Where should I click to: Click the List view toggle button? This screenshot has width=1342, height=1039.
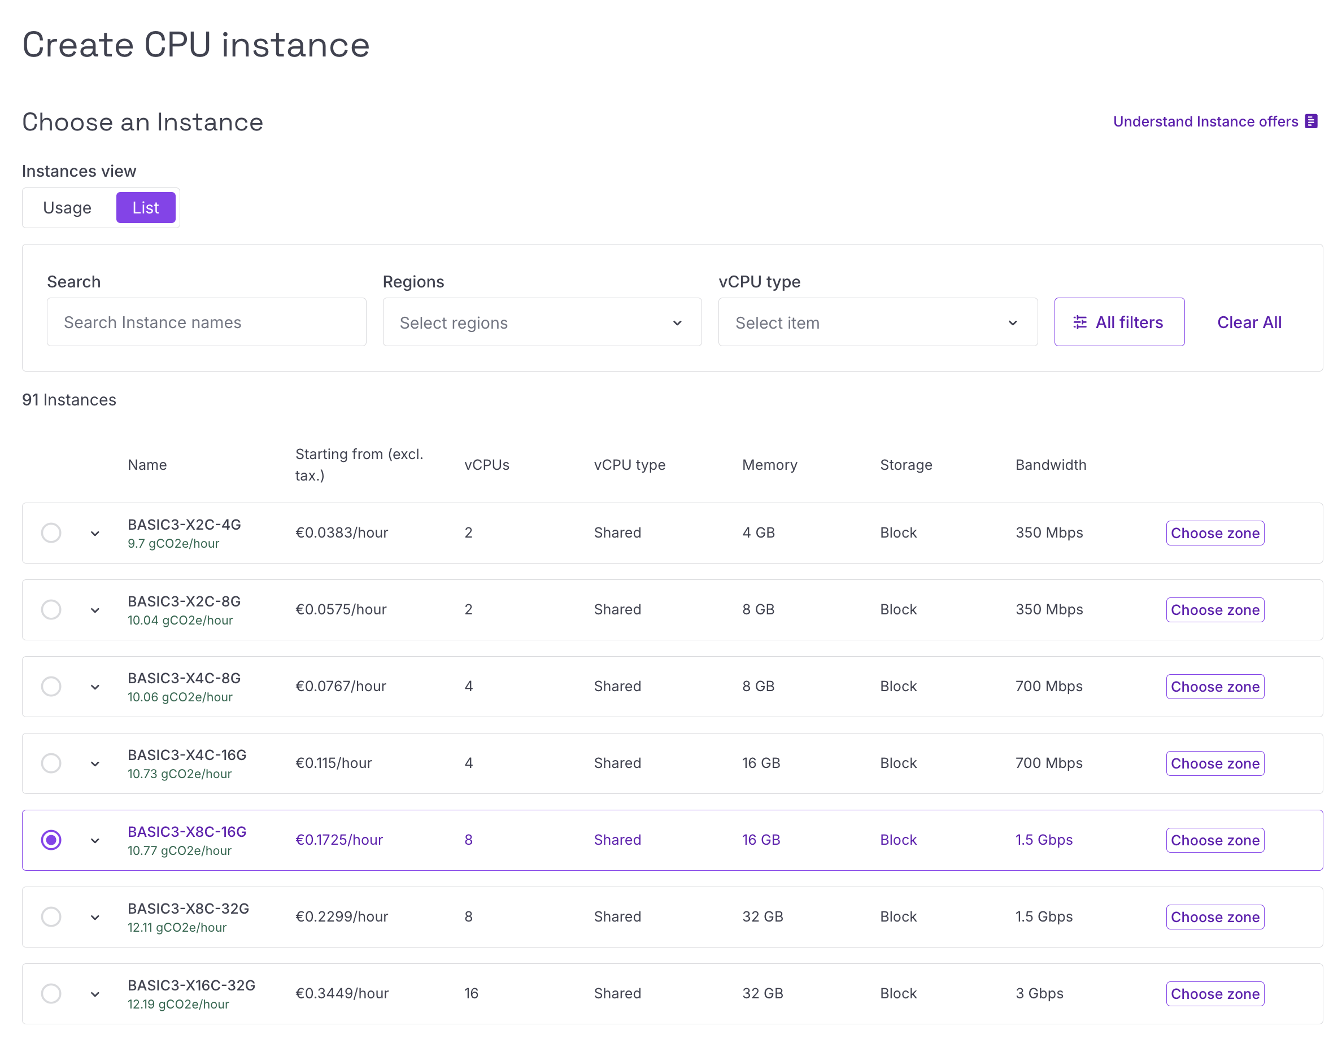[x=146, y=208]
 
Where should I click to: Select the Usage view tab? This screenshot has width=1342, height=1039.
[x=68, y=208]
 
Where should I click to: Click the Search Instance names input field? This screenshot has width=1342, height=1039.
[x=207, y=322]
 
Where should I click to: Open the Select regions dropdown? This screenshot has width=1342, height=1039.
[x=542, y=322]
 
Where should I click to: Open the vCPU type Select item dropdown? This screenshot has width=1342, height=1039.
[x=878, y=322]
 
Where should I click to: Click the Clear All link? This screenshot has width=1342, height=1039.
[x=1249, y=322]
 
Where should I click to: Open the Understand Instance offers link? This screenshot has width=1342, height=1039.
[x=1215, y=121]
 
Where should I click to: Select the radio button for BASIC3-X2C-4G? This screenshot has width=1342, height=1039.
[x=51, y=532]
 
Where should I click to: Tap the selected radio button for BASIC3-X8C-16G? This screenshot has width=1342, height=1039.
[x=51, y=840]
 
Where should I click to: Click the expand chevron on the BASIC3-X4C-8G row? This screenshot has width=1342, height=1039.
[x=95, y=687]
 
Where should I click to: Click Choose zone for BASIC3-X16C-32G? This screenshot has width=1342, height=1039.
[x=1215, y=993]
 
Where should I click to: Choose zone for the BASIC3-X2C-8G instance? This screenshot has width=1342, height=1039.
[x=1215, y=609]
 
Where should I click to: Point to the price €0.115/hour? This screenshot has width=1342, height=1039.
[x=334, y=763]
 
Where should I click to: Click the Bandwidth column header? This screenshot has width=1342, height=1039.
[x=1051, y=465]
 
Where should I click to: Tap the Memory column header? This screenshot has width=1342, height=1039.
[x=769, y=465]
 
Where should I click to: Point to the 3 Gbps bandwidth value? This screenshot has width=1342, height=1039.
[x=1039, y=993]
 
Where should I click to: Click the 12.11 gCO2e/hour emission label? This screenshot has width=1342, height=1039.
[x=177, y=927]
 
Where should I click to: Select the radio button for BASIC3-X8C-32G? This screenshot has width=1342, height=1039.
[x=51, y=916]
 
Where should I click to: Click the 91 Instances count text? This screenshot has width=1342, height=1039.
[x=69, y=400]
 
